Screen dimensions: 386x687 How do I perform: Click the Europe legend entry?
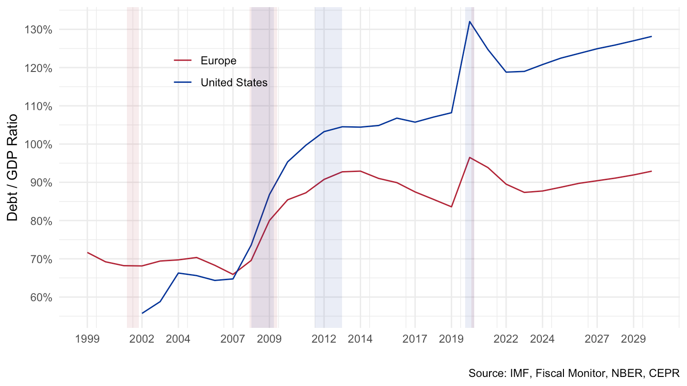(218, 61)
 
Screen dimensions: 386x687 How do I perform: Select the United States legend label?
(234, 82)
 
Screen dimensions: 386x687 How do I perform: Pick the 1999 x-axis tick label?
(87, 339)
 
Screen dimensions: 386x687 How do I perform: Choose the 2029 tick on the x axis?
(634, 339)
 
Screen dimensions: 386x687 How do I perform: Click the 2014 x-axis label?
(360, 339)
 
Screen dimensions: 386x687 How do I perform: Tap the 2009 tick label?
(270, 339)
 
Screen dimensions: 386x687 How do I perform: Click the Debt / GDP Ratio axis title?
(13, 167)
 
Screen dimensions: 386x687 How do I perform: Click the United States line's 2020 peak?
(469, 21)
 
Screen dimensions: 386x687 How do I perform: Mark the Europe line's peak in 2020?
(469, 157)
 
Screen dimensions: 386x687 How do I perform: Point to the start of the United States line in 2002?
(142, 313)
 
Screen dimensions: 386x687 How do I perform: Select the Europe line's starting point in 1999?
(87, 253)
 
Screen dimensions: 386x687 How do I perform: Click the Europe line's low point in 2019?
(451, 206)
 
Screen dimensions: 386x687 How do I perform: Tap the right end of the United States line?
(652, 37)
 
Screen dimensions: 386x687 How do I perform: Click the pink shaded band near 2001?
(133, 167)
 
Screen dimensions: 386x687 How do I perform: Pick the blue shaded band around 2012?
(328, 167)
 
